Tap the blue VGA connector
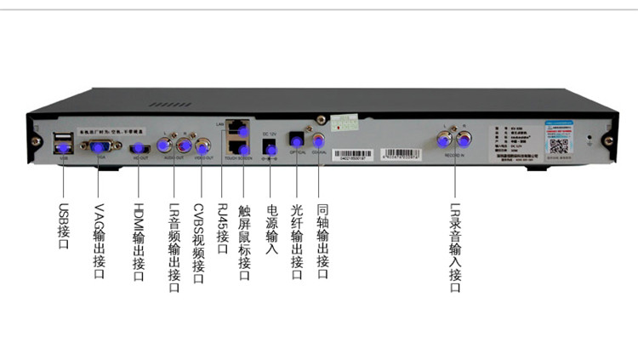(98, 145)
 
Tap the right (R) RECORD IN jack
(464, 138)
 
